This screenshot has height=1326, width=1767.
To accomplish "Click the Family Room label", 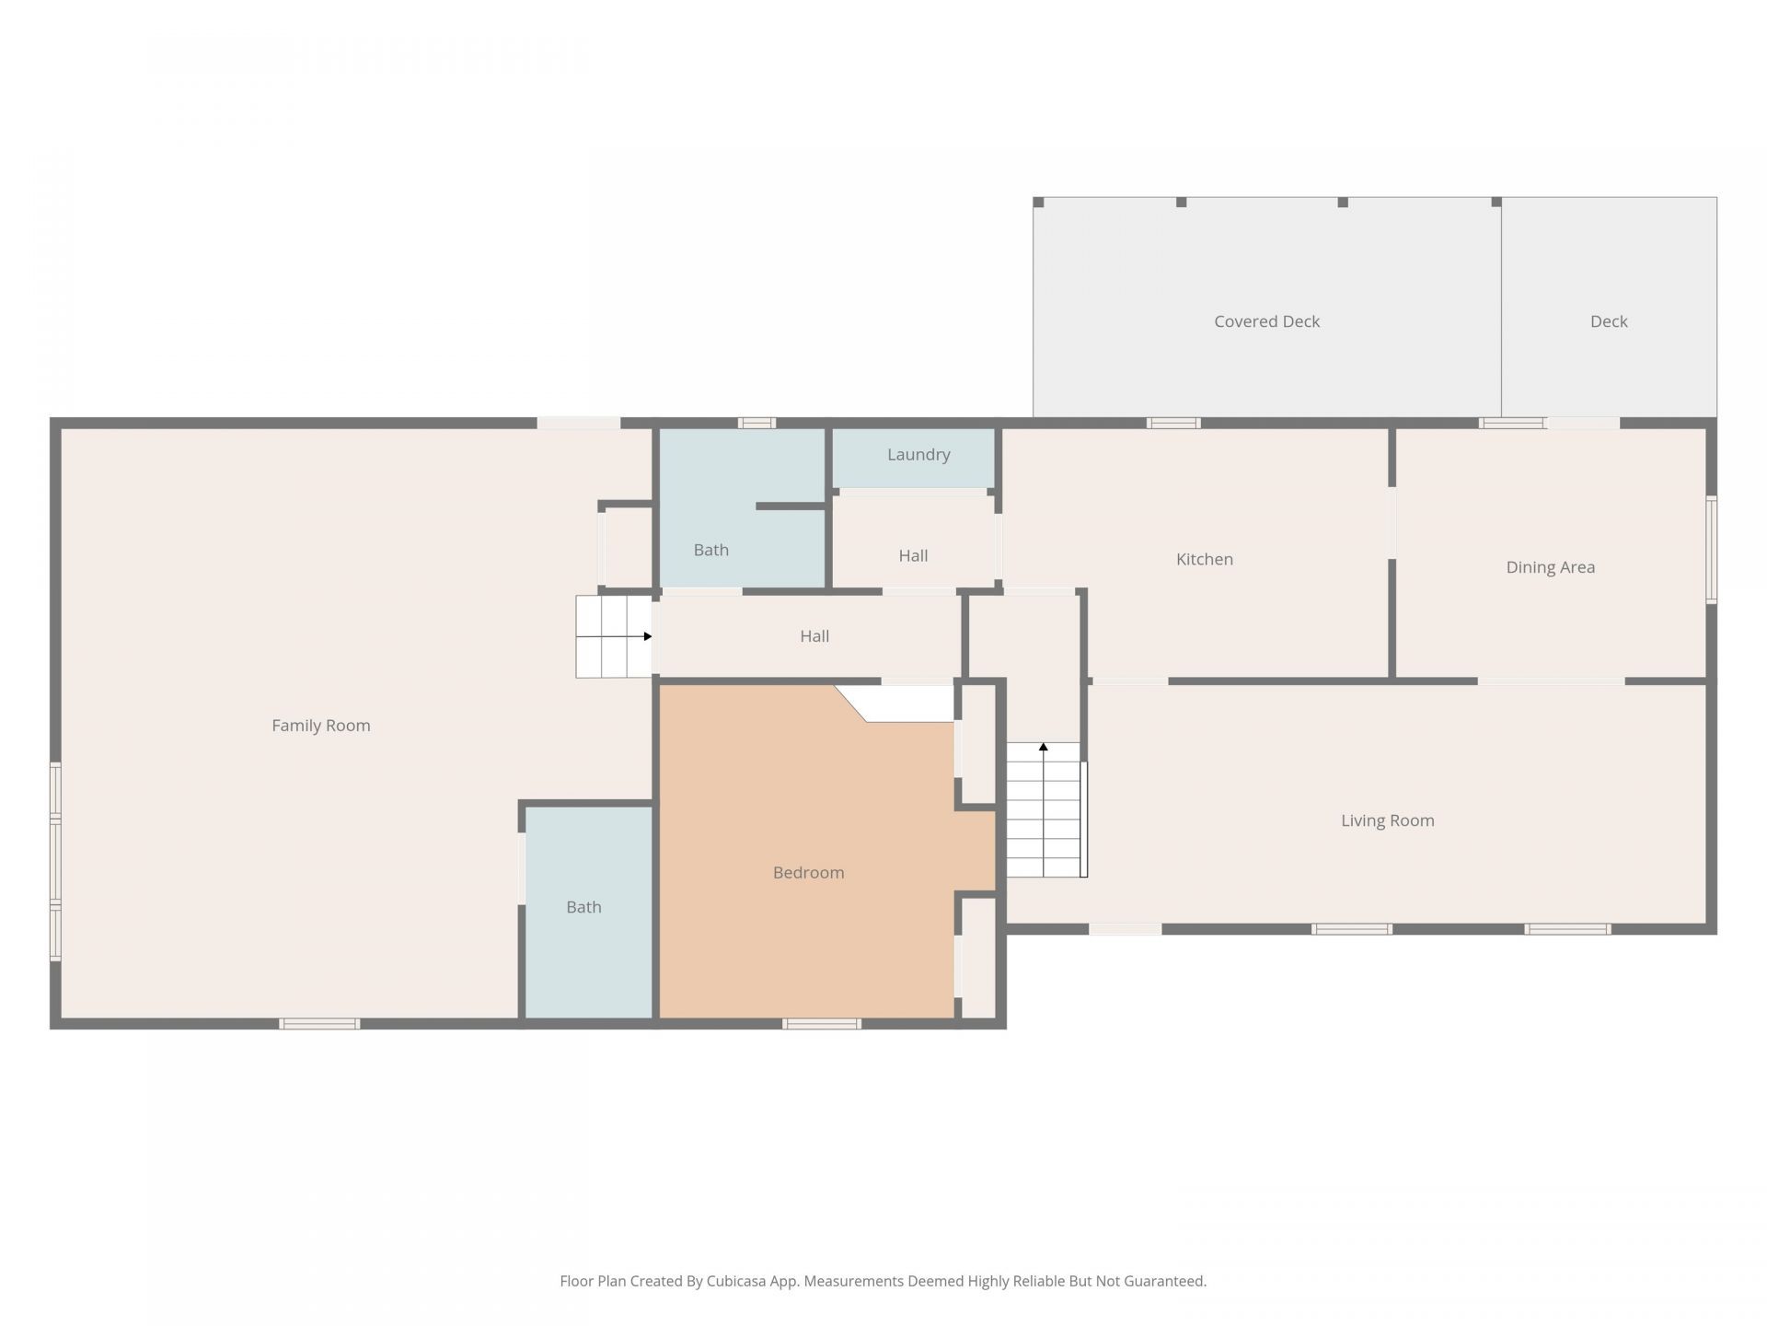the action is pyautogui.click(x=321, y=726).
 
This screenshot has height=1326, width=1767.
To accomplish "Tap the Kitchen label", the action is pyautogui.click(x=1205, y=559).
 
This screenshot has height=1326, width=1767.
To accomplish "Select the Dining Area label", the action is pyautogui.click(x=1551, y=567).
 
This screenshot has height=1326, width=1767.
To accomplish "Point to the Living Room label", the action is pyautogui.click(x=1388, y=820).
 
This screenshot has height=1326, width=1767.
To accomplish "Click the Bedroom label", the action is pyautogui.click(x=809, y=872).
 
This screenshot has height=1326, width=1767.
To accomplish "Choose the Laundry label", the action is pyautogui.click(x=918, y=455).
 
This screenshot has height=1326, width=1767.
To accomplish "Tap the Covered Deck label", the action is pyautogui.click(x=1267, y=321).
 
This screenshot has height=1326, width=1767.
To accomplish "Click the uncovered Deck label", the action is pyautogui.click(x=1610, y=321).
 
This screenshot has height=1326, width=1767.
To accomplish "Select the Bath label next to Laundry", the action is pyautogui.click(x=711, y=550).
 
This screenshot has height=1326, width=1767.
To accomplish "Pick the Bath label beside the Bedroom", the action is pyautogui.click(x=584, y=907).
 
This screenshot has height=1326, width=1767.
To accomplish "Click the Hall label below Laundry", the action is pyautogui.click(x=914, y=555).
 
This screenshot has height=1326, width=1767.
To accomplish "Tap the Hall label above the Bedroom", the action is pyautogui.click(x=814, y=636).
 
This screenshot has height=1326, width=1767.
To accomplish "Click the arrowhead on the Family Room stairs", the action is pyautogui.click(x=648, y=636).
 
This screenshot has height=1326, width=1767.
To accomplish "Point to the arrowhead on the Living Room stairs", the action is pyautogui.click(x=1044, y=747).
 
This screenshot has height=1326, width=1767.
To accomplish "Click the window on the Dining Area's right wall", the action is pyautogui.click(x=1712, y=550).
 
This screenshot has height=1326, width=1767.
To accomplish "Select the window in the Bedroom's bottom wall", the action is pyautogui.click(x=822, y=1024).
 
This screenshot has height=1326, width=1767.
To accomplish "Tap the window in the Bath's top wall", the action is pyautogui.click(x=756, y=423).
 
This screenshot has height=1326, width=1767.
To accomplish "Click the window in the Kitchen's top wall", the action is pyautogui.click(x=1173, y=423).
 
